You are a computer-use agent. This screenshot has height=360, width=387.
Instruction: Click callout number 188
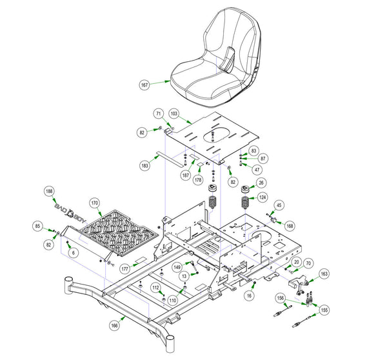(x=49, y=191)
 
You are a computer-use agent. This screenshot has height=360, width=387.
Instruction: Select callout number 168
(x=290, y=226)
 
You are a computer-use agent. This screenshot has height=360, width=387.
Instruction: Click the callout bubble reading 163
(x=324, y=274)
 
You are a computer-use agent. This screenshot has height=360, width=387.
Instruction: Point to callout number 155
(x=324, y=310)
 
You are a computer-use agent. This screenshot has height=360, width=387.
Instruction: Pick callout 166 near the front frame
(x=114, y=326)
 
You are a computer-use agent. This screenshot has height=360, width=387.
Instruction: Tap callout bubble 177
(x=124, y=267)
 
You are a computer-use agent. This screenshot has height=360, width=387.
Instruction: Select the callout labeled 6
(x=74, y=254)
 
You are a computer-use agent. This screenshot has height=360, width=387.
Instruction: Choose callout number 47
(x=257, y=170)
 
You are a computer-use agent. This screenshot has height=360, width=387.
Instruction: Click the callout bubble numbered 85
(x=38, y=226)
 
